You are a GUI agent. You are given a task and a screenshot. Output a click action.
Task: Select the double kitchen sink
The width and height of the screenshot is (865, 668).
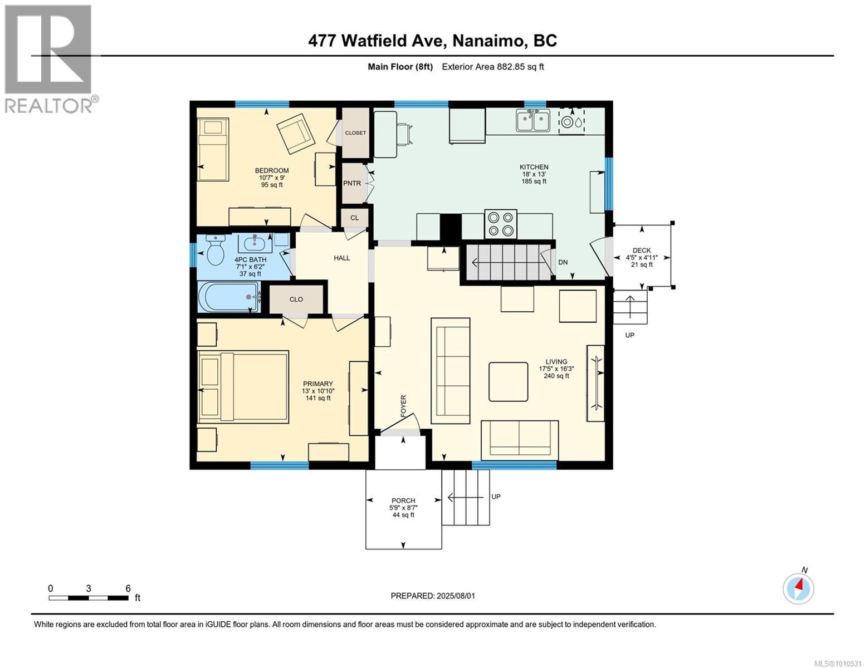533,121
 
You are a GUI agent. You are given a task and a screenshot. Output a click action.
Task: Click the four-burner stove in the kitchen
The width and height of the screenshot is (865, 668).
500,224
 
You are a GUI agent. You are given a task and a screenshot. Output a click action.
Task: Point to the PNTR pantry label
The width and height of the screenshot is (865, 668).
352,183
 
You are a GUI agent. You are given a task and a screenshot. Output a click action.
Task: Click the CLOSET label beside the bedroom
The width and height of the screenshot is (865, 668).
355,132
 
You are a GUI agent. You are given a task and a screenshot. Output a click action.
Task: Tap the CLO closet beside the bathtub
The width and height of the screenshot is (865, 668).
296,299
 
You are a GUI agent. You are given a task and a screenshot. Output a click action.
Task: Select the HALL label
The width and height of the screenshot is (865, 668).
342,258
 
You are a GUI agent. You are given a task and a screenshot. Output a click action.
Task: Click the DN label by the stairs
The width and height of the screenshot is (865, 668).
563,262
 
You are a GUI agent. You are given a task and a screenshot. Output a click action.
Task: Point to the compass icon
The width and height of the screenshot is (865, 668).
798,588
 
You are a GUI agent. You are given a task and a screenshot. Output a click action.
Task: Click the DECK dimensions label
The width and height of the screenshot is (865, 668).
642,258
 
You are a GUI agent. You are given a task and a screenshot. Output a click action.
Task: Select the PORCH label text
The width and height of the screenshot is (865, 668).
403,500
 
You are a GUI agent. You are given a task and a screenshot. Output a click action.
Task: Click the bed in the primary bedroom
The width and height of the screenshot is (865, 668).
243,386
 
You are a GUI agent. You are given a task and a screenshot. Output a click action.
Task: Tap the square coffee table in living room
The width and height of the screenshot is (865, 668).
509,381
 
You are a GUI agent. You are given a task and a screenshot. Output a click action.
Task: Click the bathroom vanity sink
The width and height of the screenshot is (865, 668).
256,243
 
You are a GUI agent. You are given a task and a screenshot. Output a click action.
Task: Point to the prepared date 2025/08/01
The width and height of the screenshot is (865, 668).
433,596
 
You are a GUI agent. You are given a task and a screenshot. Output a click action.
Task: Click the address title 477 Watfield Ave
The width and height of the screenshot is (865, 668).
432,41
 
